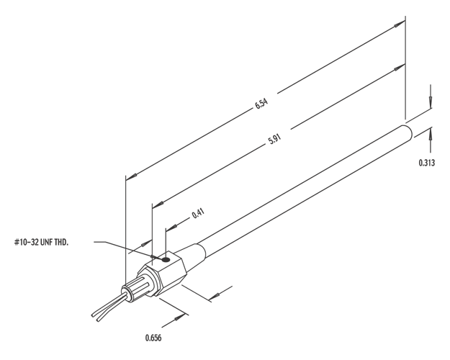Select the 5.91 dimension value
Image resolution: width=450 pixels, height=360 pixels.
point(274,140)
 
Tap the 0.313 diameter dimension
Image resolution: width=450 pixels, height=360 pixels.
point(426,162)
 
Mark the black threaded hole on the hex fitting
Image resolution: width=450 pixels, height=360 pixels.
point(166,259)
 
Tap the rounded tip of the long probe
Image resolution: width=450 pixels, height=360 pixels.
point(409,130)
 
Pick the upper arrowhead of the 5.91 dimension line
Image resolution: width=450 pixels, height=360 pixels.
point(397,67)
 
